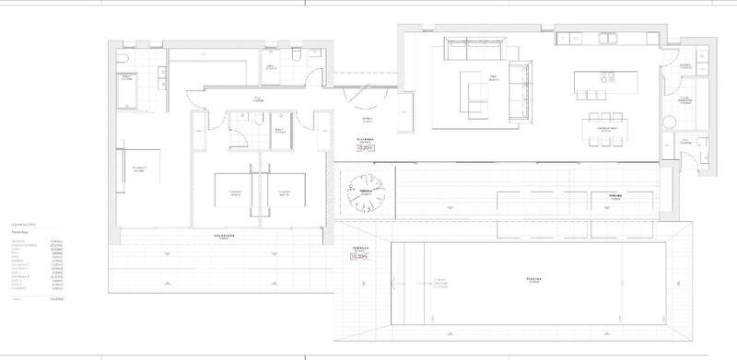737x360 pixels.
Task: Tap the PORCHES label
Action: tap(615, 195)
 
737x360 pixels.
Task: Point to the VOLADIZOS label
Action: tap(225, 236)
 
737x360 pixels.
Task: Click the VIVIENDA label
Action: tap(367, 139)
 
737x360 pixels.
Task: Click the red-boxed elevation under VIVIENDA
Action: tap(367, 145)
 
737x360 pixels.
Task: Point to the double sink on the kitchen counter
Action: tap(611, 39)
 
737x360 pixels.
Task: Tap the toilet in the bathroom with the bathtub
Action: tap(123, 59)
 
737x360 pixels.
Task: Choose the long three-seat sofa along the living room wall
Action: tap(474, 45)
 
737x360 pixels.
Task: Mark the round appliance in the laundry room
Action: tap(684, 104)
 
